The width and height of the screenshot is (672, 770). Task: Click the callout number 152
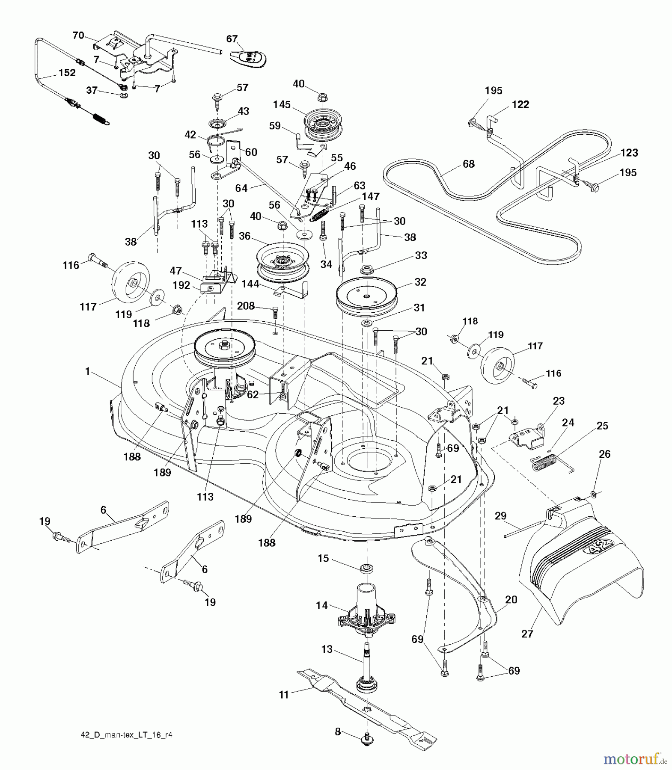(x=67, y=73)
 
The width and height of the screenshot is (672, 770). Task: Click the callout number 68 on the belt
(x=469, y=164)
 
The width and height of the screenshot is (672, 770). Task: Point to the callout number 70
(x=78, y=35)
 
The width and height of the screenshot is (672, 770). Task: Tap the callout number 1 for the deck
(x=87, y=371)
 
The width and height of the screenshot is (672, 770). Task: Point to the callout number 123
(x=629, y=153)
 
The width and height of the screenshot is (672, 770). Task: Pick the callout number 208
(x=246, y=306)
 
